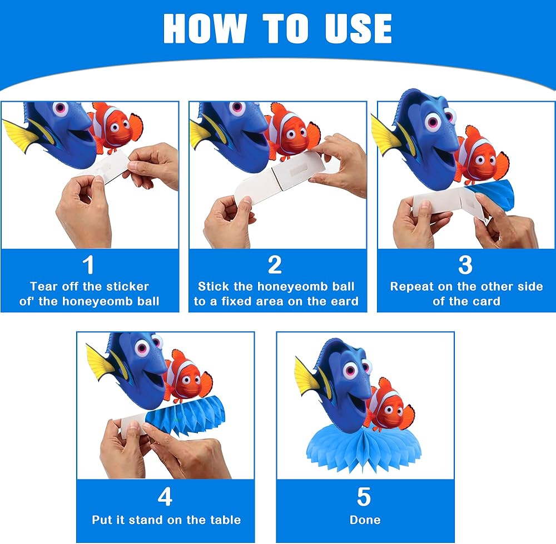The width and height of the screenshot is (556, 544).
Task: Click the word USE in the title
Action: coord(358,29)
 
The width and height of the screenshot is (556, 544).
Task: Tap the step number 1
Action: coord(88,264)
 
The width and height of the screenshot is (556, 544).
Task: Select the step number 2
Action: coord(275,264)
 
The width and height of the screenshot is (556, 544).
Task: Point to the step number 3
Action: coord(465,264)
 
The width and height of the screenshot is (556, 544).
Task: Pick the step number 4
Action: coord(165,497)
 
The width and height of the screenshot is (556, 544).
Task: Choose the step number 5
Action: coord(364,497)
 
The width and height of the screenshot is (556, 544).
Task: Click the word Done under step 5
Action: coord(365,520)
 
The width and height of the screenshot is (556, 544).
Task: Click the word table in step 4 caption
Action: coord(226,520)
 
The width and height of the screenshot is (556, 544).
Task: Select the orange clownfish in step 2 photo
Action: coord(292,130)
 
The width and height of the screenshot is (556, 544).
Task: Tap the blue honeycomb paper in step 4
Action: coord(185,415)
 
